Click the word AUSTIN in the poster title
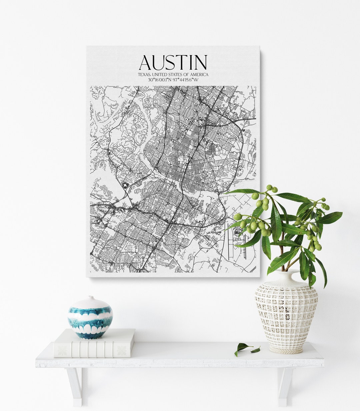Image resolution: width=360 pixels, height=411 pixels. click(173, 62)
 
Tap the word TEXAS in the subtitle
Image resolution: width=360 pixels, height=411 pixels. click(144, 75)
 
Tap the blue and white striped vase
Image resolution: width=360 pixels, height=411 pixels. click(90, 317)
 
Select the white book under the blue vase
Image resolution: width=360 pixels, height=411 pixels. click(94, 343)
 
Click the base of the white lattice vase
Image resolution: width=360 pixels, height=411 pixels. click(286, 350)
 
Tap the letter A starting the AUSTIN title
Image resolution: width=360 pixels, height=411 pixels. click(146, 62)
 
